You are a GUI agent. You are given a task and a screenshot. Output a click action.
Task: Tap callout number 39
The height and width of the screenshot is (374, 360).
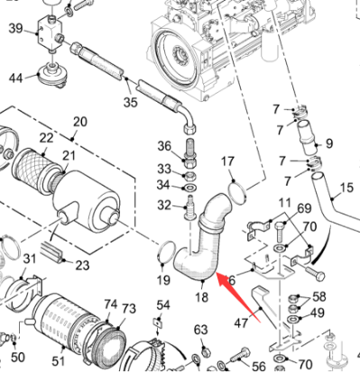(16, 30)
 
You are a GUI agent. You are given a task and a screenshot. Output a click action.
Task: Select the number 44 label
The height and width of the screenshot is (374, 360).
(16, 78)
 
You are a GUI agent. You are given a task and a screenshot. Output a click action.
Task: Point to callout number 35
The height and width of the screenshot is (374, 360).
(131, 103)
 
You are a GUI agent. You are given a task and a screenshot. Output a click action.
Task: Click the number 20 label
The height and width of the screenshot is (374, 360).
(79, 122)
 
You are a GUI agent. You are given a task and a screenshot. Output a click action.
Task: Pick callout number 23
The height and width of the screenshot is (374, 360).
(82, 265)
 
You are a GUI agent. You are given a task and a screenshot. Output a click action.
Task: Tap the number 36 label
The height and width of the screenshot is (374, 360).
(164, 147)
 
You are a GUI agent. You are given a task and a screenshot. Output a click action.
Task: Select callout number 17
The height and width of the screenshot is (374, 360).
(227, 161)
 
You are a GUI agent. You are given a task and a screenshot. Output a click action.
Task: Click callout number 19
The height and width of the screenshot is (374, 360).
(163, 280)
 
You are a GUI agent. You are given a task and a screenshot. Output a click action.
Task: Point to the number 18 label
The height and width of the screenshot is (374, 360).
(201, 296)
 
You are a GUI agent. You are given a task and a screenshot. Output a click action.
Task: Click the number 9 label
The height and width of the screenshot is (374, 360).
(329, 142)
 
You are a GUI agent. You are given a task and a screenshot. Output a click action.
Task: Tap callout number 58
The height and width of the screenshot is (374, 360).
(318, 297)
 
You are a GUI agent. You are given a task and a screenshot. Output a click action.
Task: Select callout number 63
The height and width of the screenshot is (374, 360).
(200, 329)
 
